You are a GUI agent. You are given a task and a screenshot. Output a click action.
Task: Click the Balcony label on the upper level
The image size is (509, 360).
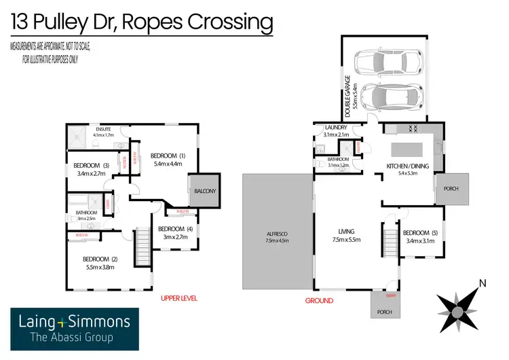coord(206,192)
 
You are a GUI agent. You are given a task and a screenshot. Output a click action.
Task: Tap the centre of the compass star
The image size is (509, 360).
coord(458,312)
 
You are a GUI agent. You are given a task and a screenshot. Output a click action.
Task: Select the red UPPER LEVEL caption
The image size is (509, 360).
coord(179,298)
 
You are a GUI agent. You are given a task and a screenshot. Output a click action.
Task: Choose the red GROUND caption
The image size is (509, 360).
coord(319,300)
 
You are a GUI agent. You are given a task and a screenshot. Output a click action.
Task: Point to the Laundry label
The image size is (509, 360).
coord(337,128)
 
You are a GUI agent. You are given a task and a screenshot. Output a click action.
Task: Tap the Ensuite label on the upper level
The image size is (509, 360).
coord(104,129)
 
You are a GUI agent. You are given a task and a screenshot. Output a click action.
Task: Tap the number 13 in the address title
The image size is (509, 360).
coord(22,22)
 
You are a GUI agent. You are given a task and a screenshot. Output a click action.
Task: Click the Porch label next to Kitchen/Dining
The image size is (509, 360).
coord(451,189)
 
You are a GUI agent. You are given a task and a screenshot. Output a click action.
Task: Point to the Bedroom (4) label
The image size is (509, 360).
coord(172,229)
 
